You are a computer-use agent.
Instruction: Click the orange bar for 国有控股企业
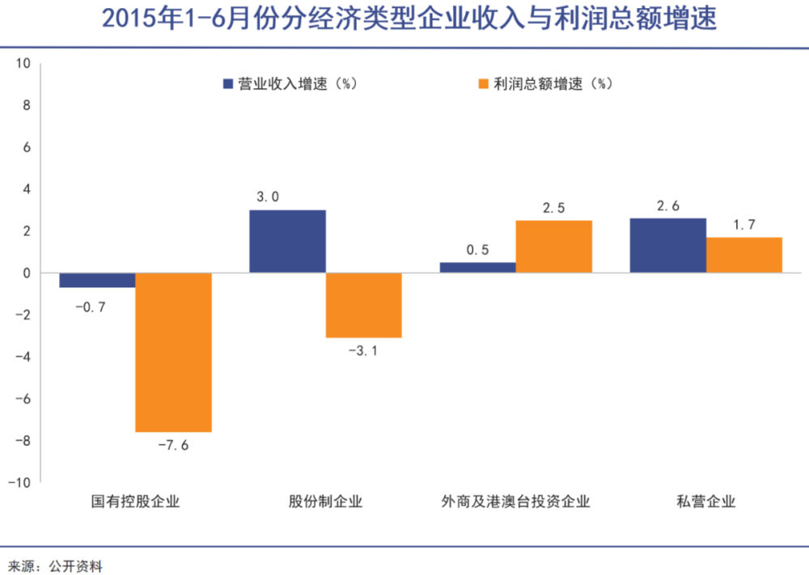pos(173,353)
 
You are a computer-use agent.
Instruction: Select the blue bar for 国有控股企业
pos(97,281)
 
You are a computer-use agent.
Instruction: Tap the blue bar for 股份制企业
pos(287,241)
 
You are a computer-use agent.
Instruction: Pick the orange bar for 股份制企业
pos(363,305)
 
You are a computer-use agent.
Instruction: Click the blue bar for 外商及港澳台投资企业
pos(477,267)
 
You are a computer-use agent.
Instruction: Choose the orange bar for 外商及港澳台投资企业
pos(554,247)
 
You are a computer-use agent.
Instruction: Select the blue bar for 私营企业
pos(667,245)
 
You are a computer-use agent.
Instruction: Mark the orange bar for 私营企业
pos(744,255)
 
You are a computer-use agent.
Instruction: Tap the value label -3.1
pos(363,351)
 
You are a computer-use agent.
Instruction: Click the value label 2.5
pos(554,208)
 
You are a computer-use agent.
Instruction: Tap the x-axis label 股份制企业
pos(325,501)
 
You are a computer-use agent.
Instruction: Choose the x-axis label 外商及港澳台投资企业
pos(515,501)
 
